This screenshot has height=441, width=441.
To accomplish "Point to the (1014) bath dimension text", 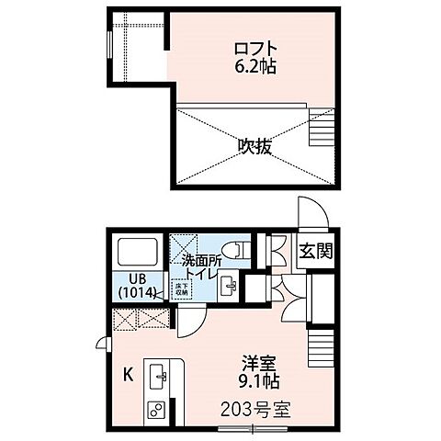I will tap(136, 294).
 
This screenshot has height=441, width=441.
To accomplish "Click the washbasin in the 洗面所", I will tap(230, 286).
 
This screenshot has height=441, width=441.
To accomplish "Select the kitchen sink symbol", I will tap(157, 375).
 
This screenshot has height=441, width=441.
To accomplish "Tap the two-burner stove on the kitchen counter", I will tap(156, 407).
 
